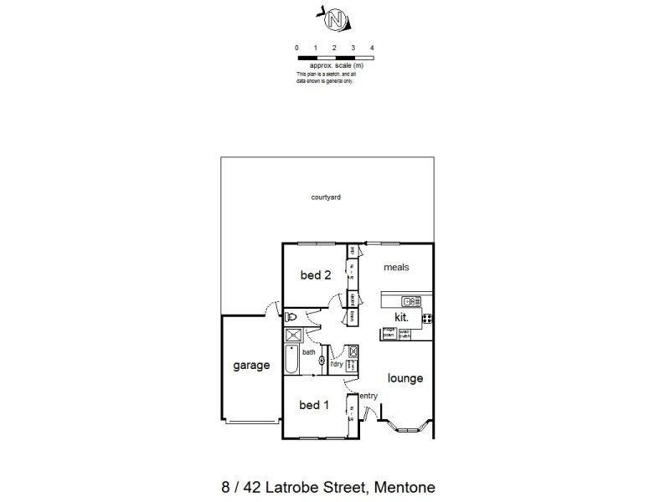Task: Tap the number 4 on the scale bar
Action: pyautogui.click(x=372, y=48)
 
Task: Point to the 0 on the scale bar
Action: pyautogui.click(x=297, y=48)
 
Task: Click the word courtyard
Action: pyautogui.click(x=325, y=197)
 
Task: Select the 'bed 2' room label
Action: pyautogui.click(x=316, y=275)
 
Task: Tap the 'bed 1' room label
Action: pyautogui.click(x=314, y=405)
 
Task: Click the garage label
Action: pyautogui.click(x=251, y=366)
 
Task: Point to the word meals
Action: pyautogui.click(x=396, y=268)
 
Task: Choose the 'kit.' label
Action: pyautogui.click(x=402, y=318)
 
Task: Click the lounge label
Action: pyautogui.click(x=405, y=378)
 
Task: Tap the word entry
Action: pyautogui.click(x=368, y=396)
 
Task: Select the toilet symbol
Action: pyautogui.click(x=291, y=316)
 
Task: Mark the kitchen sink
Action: pyautogui.click(x=410, y=301)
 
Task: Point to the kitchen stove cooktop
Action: pyautogui.click(x=426, y=318)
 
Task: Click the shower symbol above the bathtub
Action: pyautogui.click(x=294, y=335)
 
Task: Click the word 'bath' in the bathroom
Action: pyautogui.click(x=308, y=352)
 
